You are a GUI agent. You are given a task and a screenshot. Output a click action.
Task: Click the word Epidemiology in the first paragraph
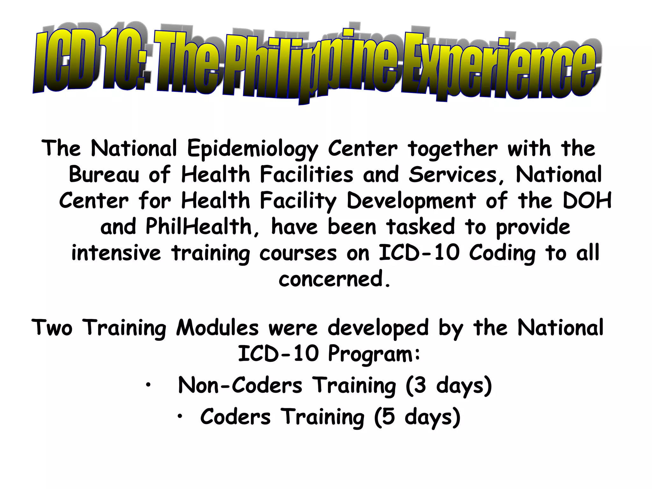(x=252, y=149)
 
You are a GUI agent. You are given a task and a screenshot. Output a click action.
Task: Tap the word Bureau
(x=104, y=175)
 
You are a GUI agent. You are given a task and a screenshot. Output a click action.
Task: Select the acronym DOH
(x=587, y=201)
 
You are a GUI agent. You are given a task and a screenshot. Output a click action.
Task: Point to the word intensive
(x=116, y=253)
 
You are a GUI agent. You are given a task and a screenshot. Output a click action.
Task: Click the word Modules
(x=217, y=328)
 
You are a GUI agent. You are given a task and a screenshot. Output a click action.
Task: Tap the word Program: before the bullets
(x=374, y=354)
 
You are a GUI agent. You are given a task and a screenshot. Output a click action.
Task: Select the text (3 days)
(x=449, y=386)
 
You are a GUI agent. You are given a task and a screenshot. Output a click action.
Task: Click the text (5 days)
(x=417, y=417)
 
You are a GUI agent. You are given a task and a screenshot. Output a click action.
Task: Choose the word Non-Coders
(x=240, y=386)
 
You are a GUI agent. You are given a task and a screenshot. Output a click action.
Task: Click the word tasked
(x=420, y=227)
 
